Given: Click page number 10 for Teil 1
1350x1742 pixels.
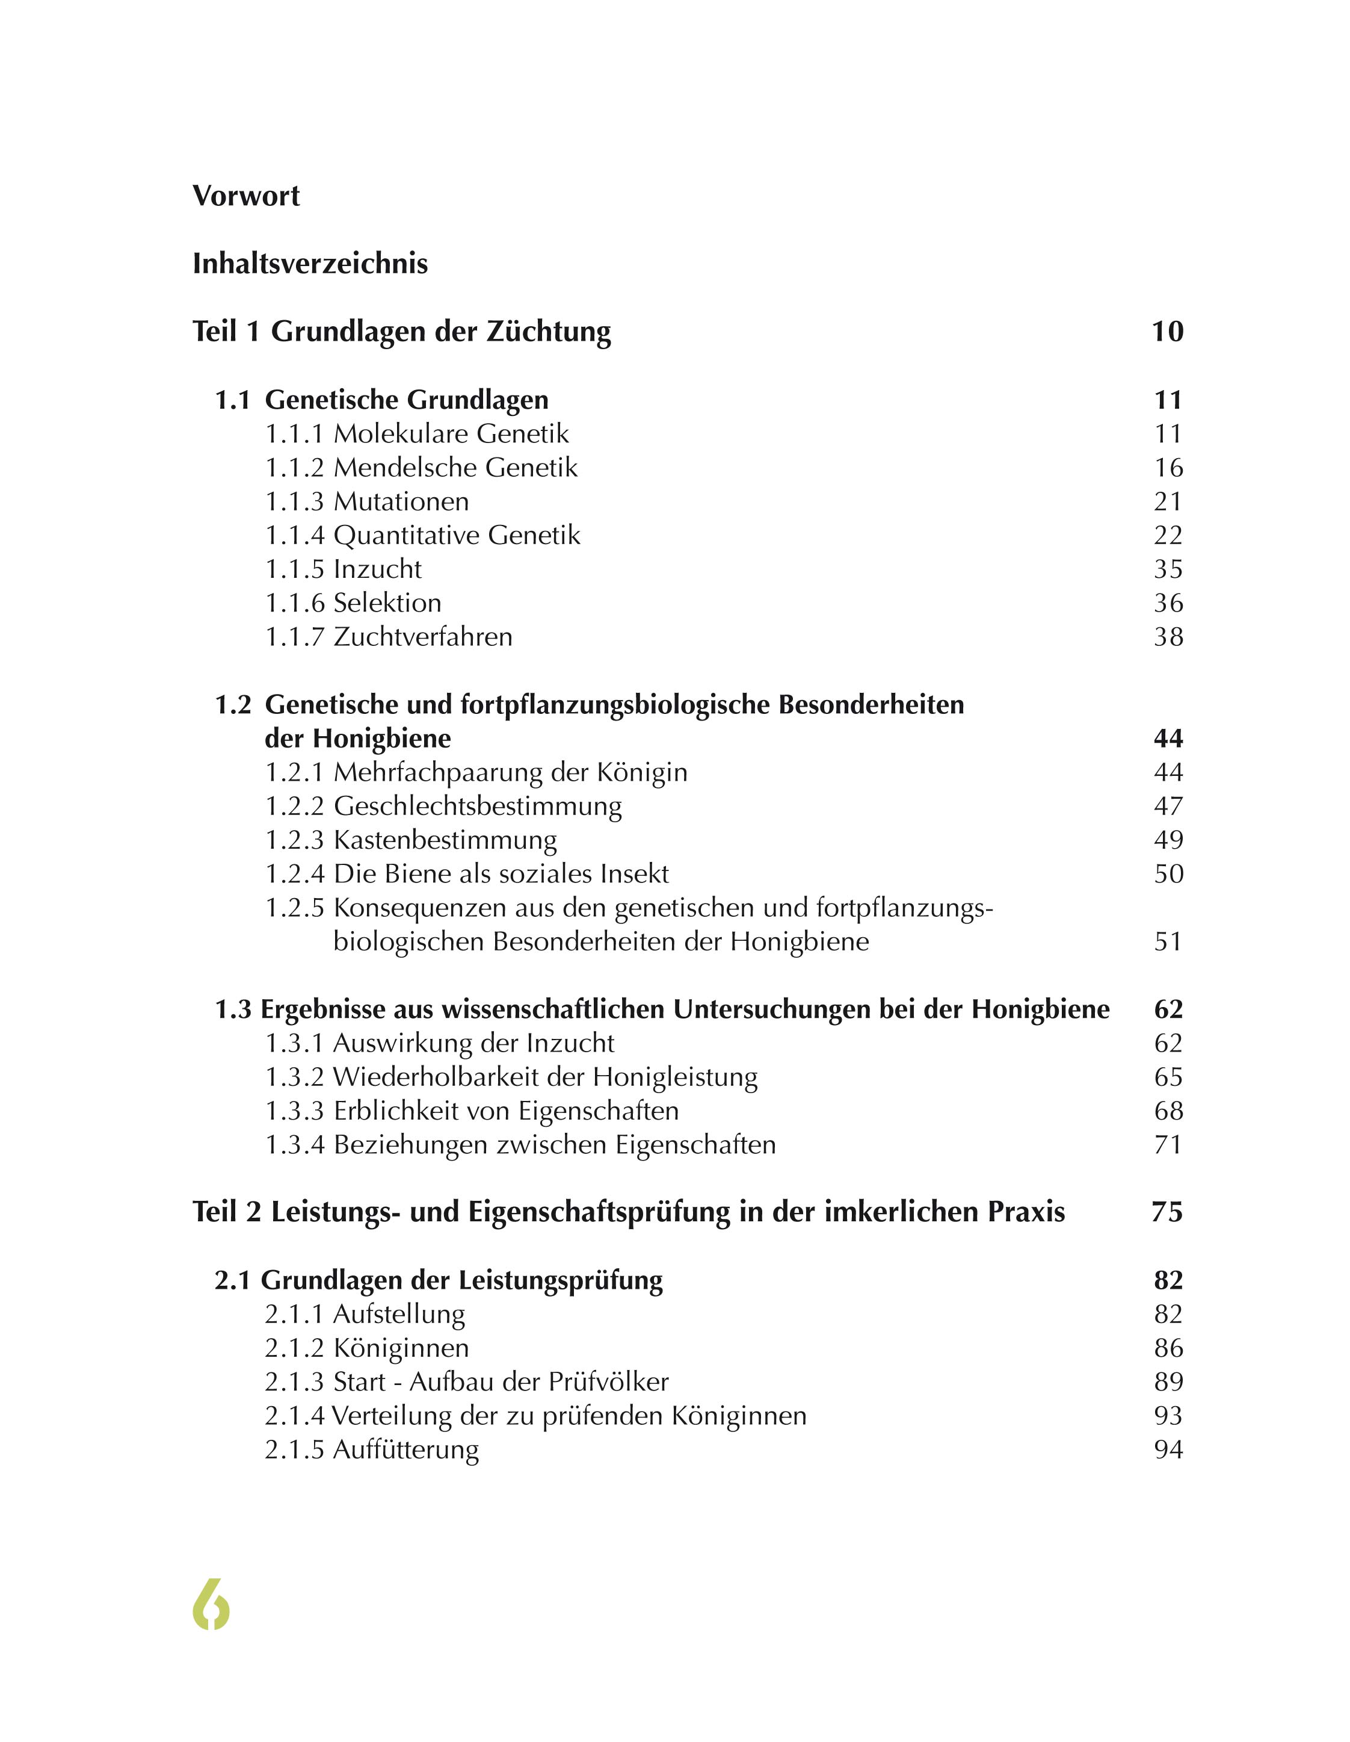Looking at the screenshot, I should (x=1167, y=332).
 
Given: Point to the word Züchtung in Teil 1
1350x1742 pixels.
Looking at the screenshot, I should (x=549, y=332).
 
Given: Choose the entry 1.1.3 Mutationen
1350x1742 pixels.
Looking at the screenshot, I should (x=367, y=501).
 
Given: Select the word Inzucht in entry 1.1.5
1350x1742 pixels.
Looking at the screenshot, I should (x=377, y=569).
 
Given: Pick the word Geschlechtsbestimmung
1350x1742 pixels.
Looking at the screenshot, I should (x=478, y=807).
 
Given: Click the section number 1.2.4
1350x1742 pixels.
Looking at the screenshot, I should (x=294, y=874).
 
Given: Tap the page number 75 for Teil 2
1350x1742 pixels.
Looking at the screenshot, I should (x=1167, y=1212).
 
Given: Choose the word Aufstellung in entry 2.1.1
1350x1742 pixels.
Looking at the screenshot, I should (x=399, y=1315).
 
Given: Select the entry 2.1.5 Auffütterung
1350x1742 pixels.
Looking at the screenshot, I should (x=372, y=1450).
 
